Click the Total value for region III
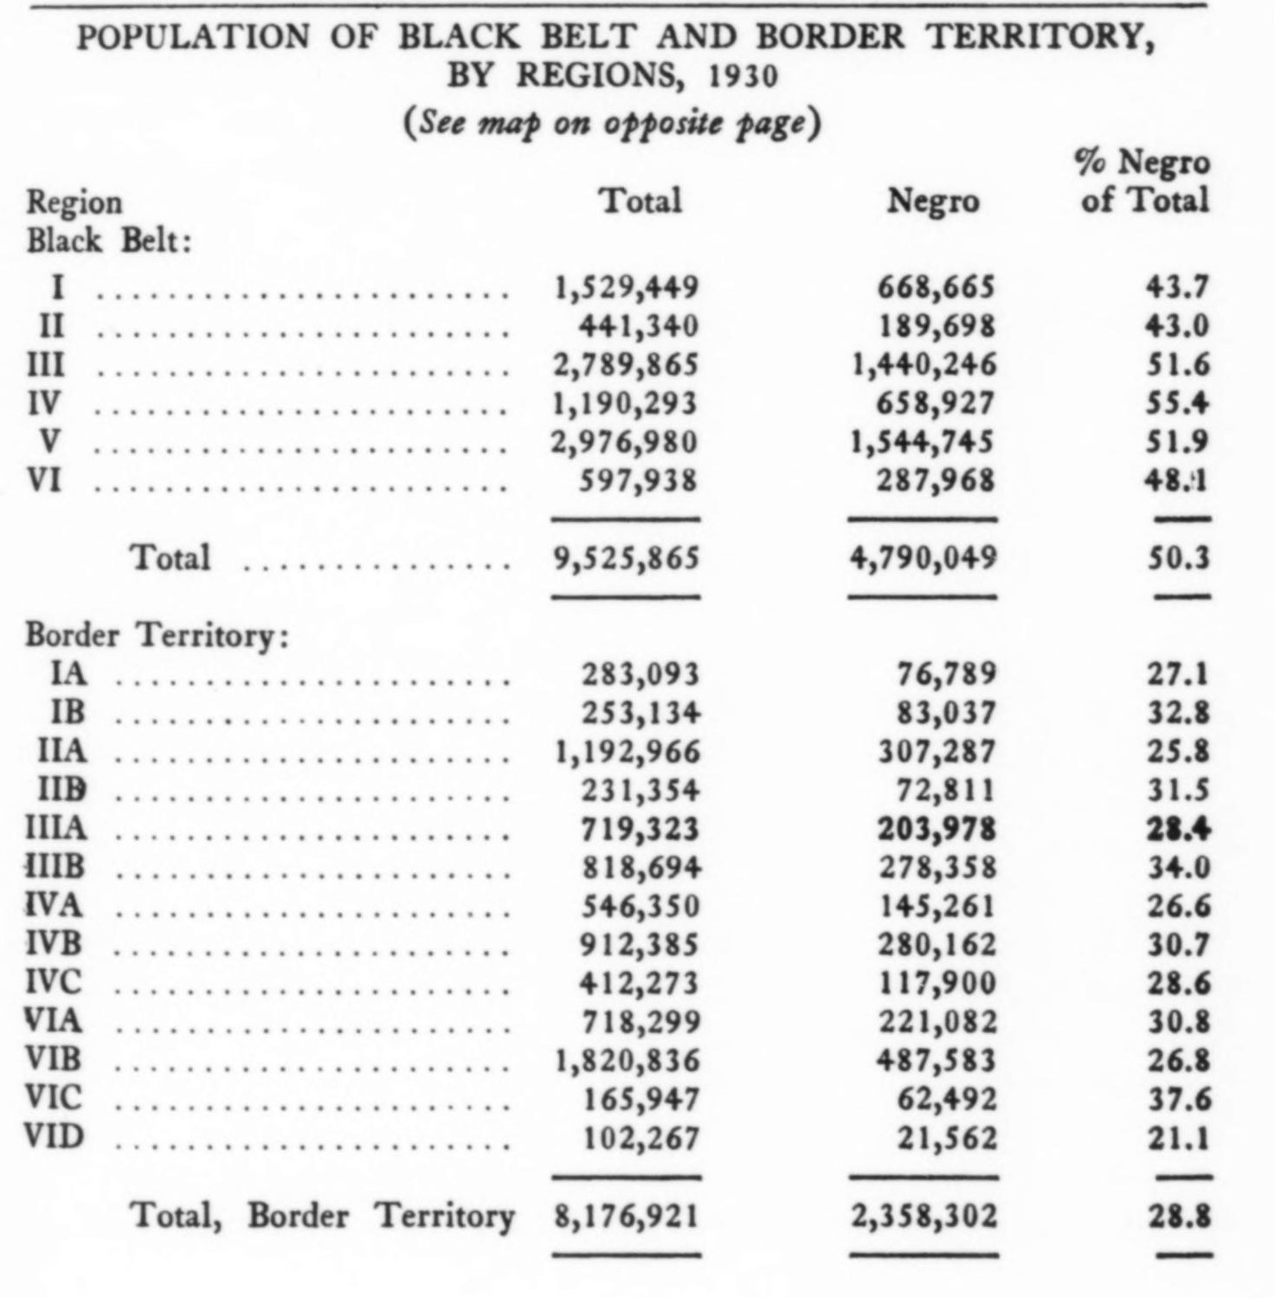626,365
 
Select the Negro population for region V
923,443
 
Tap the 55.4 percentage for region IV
1177,404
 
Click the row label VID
55,1136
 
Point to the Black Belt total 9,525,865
626,558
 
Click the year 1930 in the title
743,77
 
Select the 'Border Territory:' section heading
156,635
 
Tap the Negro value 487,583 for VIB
937,1060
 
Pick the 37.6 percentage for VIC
1179,1099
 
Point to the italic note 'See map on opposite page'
611,123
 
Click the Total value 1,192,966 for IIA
627,751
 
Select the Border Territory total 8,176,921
626,1216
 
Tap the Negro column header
933,202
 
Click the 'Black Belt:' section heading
108,241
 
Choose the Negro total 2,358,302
923,1216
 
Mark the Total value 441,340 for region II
639,326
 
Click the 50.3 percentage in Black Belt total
1178,558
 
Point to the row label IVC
54,982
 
